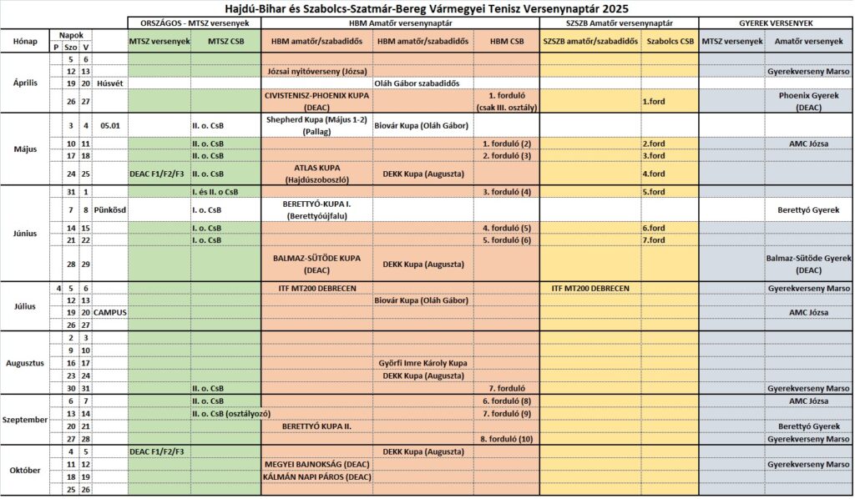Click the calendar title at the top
(427, 8)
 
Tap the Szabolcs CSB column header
(669, 41)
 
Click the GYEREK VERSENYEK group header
(776, 23)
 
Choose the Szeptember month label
(24, 419)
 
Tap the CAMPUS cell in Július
(110, 312)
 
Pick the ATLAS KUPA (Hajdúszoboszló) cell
(316, 173)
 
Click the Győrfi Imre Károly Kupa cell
(422, 363)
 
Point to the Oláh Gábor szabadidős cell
(422, 83)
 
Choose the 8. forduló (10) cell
(506, 439)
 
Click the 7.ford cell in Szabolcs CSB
(654, 240)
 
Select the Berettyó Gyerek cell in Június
(808, 209)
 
